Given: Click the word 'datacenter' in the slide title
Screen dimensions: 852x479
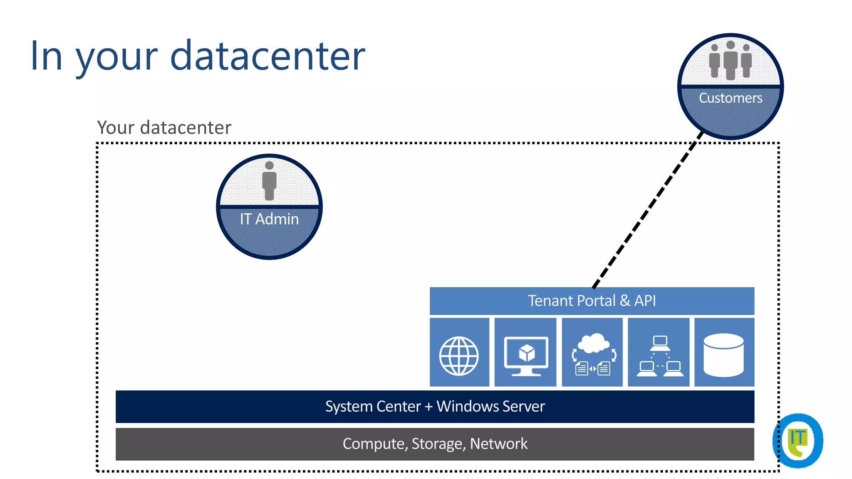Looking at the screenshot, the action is point(267,56).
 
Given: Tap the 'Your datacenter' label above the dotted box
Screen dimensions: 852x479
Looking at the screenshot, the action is point(164,128).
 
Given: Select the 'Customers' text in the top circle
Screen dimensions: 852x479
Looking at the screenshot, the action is point(730,98).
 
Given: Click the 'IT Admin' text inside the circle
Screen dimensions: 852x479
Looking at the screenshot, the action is point(269,219).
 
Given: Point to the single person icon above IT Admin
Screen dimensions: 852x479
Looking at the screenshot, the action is point(269,180).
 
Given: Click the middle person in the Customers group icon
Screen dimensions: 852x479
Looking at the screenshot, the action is point(731,60).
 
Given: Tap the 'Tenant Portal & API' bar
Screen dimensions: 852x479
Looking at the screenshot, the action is point(592,301).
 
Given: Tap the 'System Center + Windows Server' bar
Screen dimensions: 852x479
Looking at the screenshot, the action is point(435,406).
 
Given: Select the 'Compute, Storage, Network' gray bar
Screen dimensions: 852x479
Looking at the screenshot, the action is point(435,444).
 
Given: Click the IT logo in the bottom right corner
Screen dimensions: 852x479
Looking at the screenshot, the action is point(798,440).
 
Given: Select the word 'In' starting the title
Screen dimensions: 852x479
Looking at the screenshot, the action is point(46,56).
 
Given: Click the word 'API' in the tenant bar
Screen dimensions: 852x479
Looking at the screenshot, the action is point(644,301).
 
